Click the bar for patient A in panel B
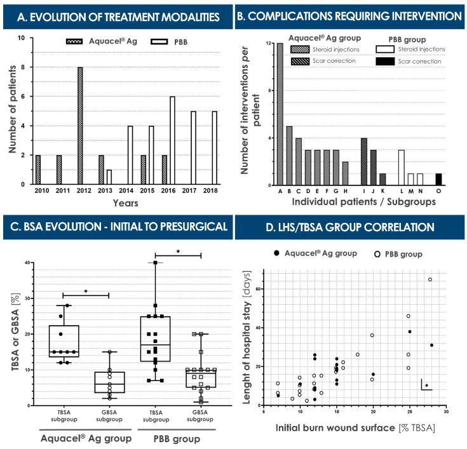(279, 114)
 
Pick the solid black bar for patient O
(438, 179)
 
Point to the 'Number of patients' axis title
(12, 111)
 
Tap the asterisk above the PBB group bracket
(178, 251)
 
